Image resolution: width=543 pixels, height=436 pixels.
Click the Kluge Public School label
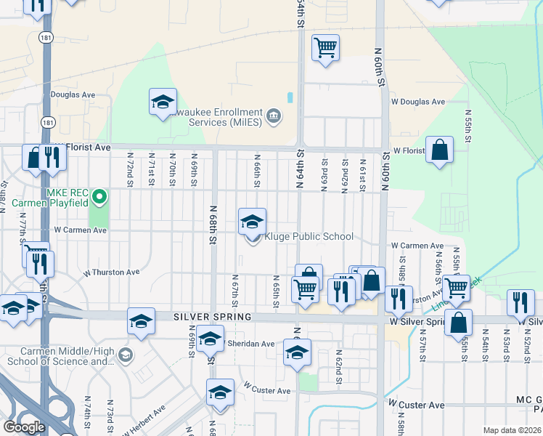click(x=309, y=237)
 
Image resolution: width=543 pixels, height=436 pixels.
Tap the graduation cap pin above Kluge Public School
click(x=252, y=221)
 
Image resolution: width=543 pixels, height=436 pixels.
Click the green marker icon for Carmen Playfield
click(x=101, y=196)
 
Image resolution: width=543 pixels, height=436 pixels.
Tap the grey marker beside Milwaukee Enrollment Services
click(x=274, y=116)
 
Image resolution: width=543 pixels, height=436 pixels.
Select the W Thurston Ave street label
click(x=111, y=272)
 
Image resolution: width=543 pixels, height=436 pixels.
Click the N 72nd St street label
click(x=130, y=168)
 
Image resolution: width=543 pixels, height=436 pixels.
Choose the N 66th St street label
click(x=256, y=168)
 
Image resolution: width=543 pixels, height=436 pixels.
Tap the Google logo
click(x=25, y=427)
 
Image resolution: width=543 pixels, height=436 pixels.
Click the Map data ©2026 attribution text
click(x=513, y=430)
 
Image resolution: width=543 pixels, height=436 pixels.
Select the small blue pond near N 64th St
click(x=290, y=97)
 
